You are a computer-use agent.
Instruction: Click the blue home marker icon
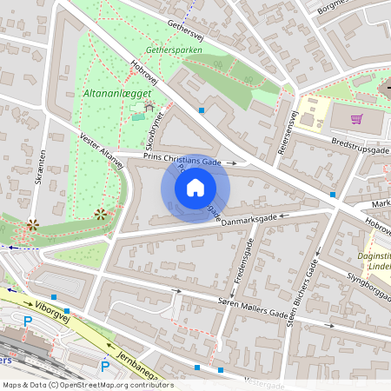point(195,188)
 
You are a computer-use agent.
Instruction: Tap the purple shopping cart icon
point(356,119)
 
